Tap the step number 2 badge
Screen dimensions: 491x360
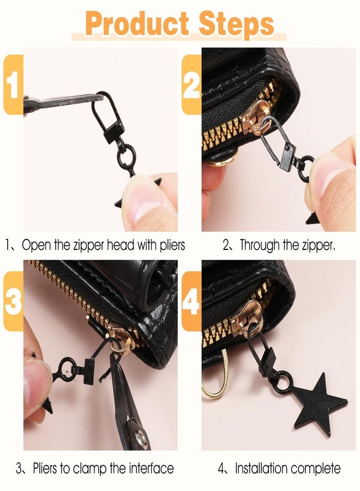(x=191, y=85)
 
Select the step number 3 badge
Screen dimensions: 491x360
(x=13, y=302)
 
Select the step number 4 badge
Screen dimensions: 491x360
(x=191, y=302)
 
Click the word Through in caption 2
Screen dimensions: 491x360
(x=261, y=245)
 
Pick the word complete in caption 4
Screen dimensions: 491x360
(x=315, y=468)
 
